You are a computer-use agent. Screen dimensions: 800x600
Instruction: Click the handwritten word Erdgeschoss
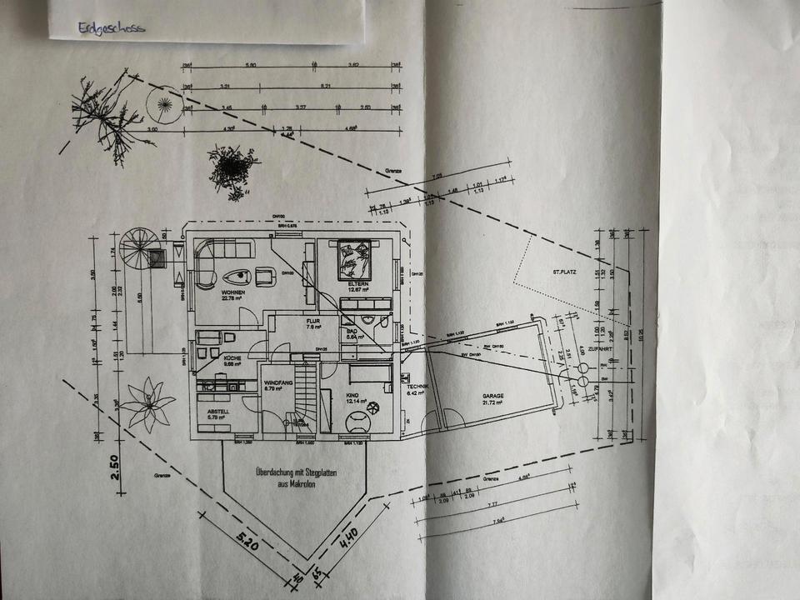(111, 27)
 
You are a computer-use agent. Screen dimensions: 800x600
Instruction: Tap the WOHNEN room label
(232, 293)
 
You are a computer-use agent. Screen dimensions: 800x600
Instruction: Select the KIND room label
(355, 395)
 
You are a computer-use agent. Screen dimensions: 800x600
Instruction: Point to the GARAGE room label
(494, 397)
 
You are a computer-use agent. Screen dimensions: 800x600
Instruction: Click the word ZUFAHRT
(599, 350)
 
